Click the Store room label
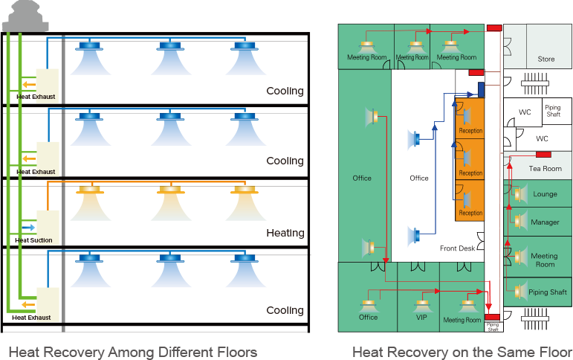point(546,59)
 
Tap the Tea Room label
point(545,169)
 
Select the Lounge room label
point(545,195)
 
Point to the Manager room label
point(545,222)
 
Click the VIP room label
point(422,317)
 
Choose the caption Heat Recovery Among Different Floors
point(132,351)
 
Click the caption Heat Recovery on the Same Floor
point(462,351)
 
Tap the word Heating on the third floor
point(285,234)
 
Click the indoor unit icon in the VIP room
point(422,303)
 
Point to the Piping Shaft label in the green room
point(547,292)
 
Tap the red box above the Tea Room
point(543,154)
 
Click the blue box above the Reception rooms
point(481,89)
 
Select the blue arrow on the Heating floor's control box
point(28,227)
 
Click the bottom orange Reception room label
point(470,213)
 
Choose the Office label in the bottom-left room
point(368,318)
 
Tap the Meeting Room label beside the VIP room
point(462,320)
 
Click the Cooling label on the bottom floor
point(285,310)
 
